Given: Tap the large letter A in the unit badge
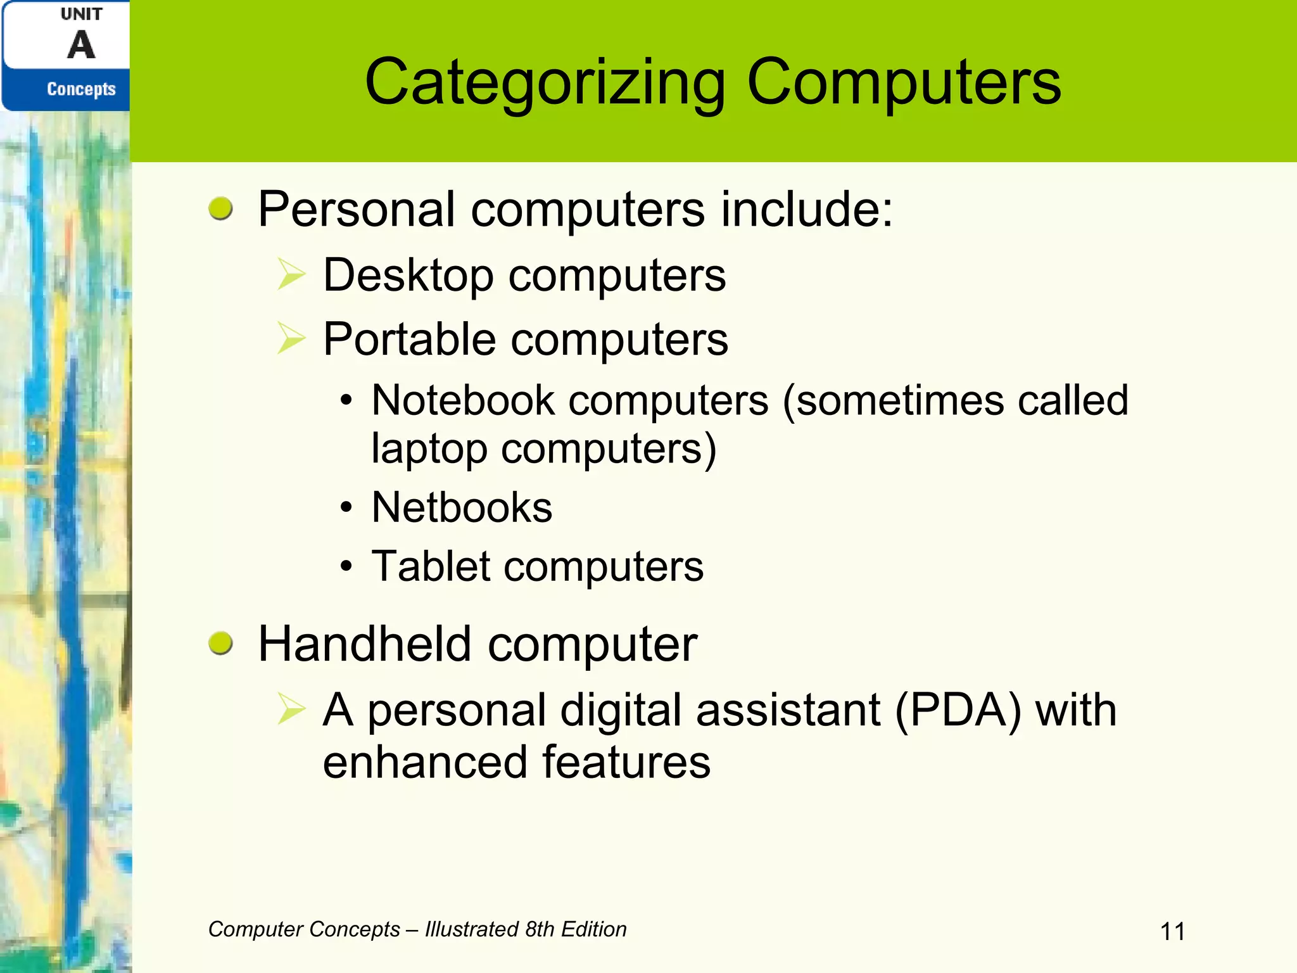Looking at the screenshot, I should point(82,46).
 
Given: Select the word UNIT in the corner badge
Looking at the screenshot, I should point(82,14).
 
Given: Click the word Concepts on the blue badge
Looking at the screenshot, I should point(82,89).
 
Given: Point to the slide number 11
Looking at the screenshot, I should point(1172,932).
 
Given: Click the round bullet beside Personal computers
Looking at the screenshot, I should point(220,208).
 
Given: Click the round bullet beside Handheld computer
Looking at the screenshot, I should point(220,644).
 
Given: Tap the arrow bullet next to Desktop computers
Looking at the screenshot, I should point(291,276).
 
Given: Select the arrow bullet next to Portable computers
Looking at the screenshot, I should point(291,338).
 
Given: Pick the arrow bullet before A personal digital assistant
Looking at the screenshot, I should point(291,709).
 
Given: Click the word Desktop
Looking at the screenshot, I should point(408,276).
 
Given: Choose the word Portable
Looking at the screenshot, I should point(409,339).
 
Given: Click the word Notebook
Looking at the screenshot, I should point(463,400).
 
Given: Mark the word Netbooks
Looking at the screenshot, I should point(462,507).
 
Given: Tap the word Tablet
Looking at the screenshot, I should point(431,566).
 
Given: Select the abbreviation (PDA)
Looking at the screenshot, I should point(958,710).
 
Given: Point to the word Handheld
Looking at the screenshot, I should point(365,644).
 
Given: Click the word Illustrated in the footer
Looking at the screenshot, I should point(471,929).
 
